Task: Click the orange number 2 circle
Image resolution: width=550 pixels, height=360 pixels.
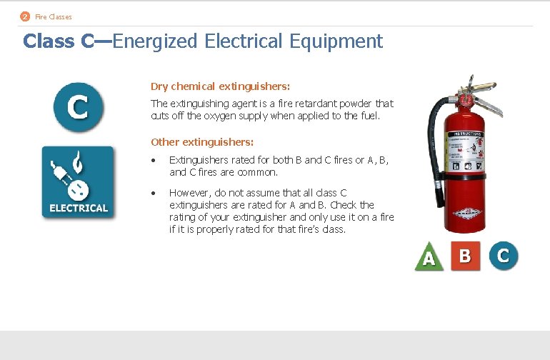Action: pos(25,16)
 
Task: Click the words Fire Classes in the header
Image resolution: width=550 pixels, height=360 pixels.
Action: pos(54,16)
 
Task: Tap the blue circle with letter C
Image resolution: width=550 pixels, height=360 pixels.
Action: pos(77,107)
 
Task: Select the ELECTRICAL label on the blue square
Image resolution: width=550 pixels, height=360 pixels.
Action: pos(78,208)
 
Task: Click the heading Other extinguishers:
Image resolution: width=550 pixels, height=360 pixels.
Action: pos(202,142)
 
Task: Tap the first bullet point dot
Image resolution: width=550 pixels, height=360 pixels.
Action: pos(154,161)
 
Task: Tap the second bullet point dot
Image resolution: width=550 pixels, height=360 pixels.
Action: pos(154,193)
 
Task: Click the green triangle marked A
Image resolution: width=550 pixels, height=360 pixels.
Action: pos(429,258)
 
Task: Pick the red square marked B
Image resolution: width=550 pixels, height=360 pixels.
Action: pos(465,256)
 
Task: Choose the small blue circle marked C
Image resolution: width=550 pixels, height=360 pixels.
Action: pos(503,256)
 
